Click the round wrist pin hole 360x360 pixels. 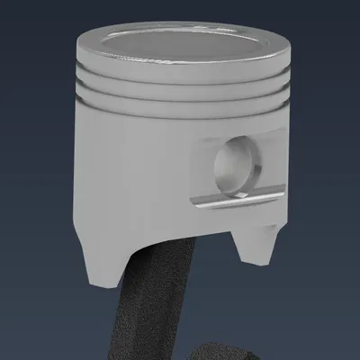tap(236, 165)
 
